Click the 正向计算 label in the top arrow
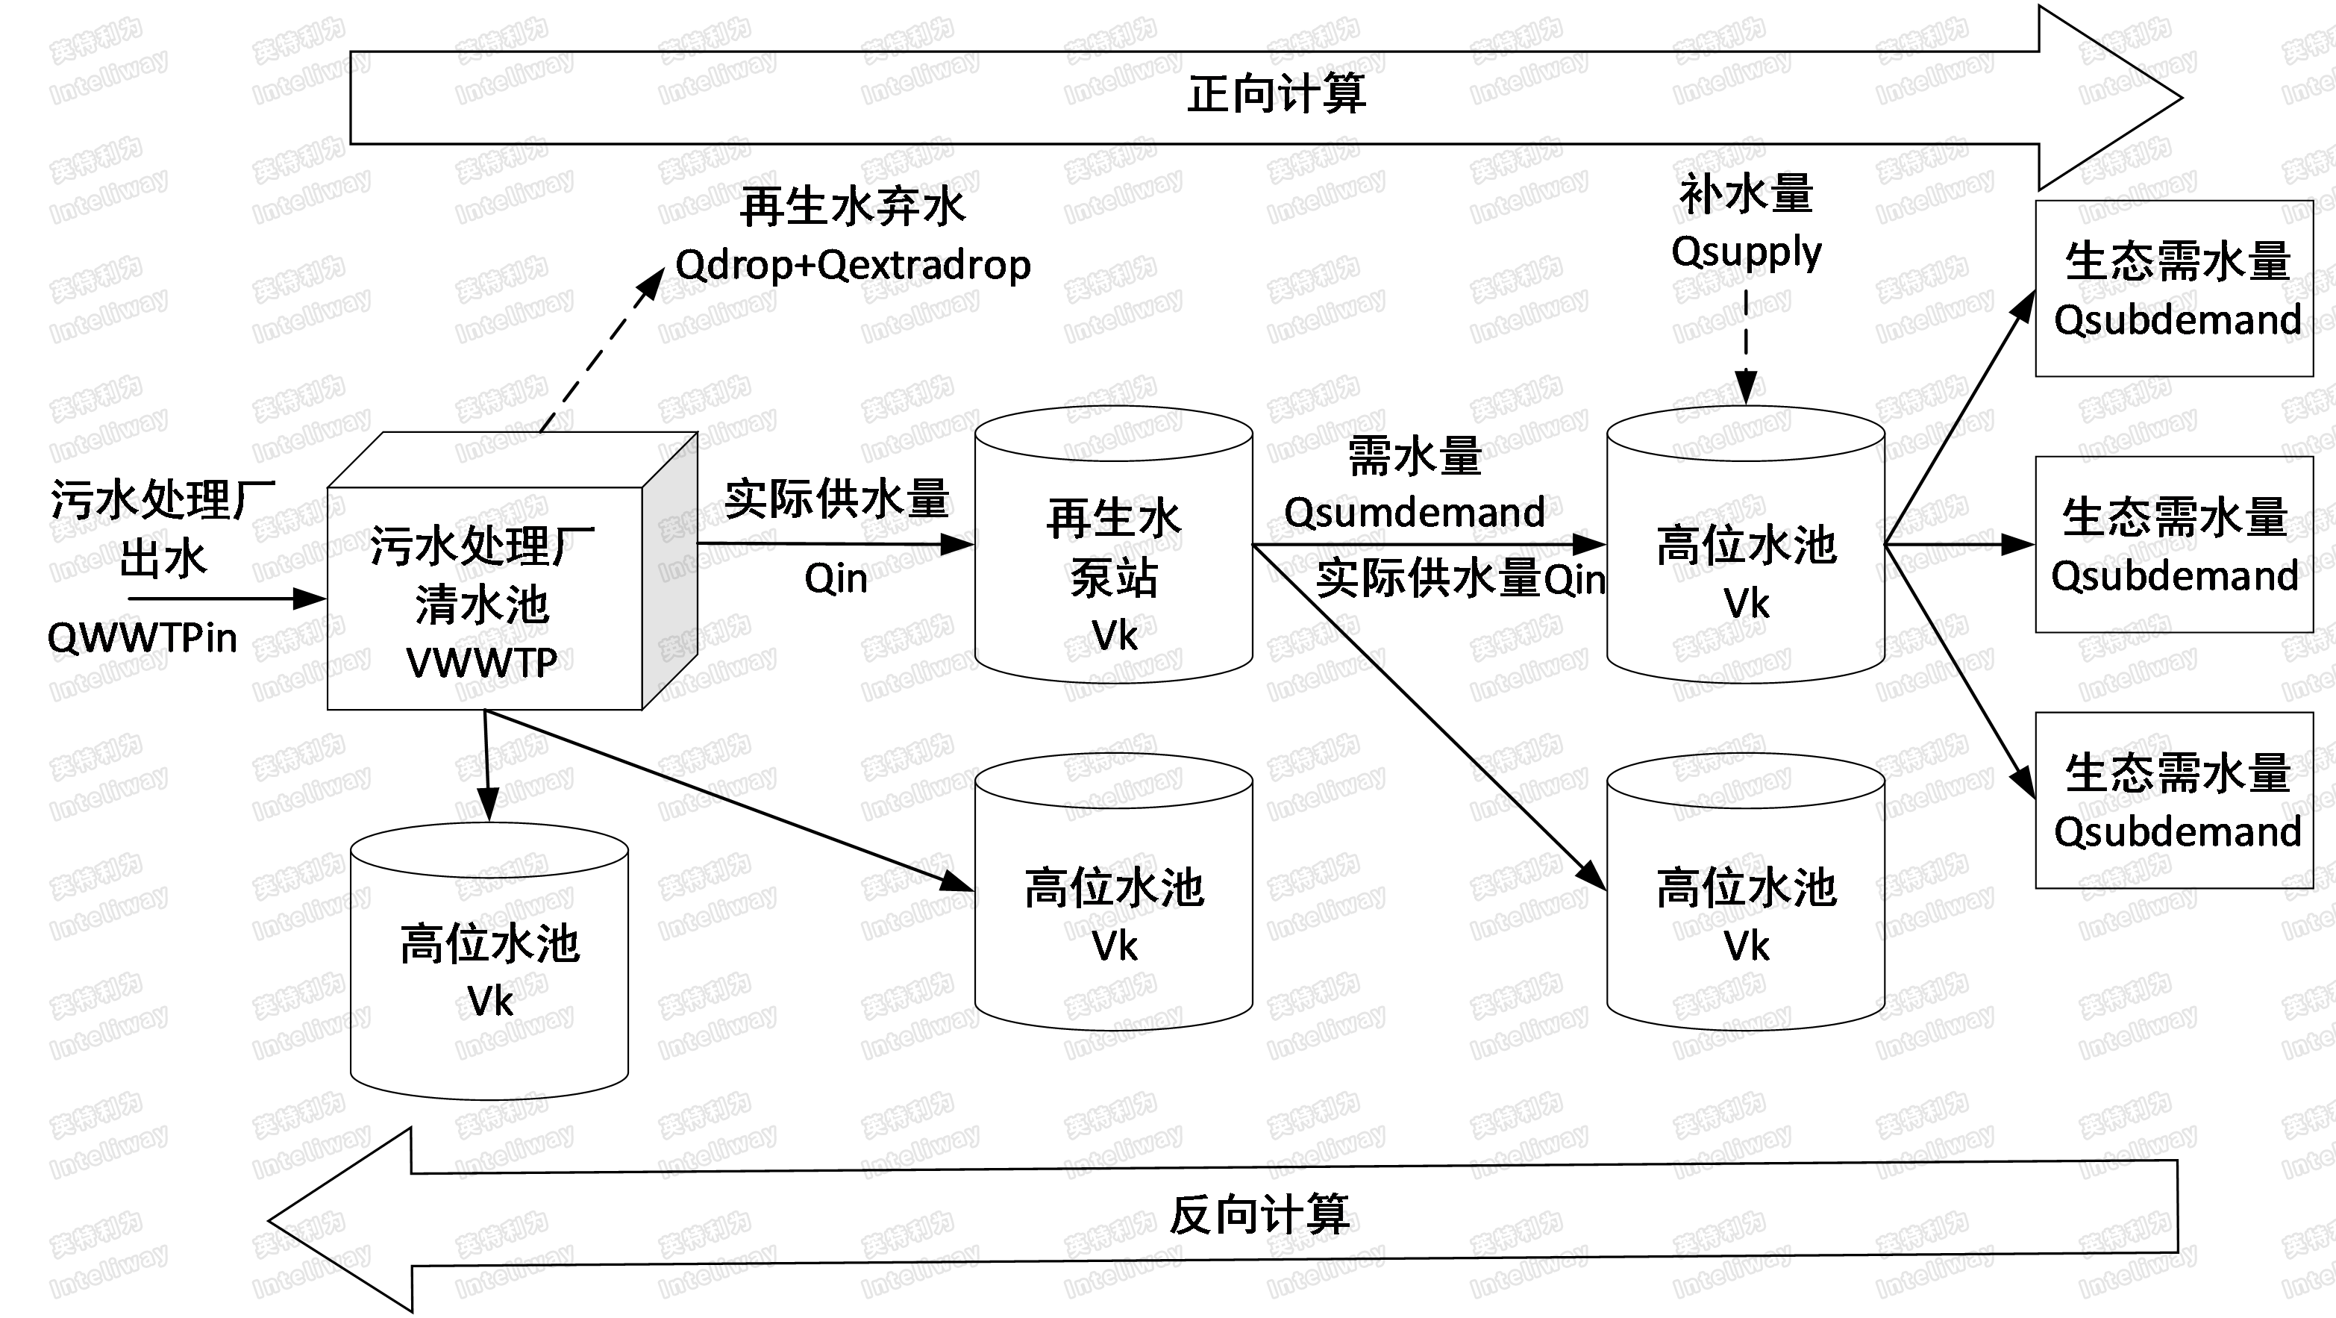pyautogui.click(x=1276, y=94)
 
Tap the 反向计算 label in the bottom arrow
pyautogui.click(x=1259, y=1216)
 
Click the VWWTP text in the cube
pyautogui.click(x=481, y=663)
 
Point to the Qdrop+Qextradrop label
pyautogui.click(x=853, y=265)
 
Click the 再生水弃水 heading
pyautogui.click(x=853, y=207)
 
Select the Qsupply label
pyautogui.click(x=1746, y=252)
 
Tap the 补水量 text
pyautogui.click(x=1746, y=195)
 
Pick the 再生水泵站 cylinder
pyautogui.click(x=1114, y=544)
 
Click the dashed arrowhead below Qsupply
pyautogui.click(x=1746, y=388)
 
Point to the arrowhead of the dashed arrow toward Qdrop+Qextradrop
pyautogui.click(x=651, y=282)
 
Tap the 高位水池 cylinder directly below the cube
pyautogui.click(x=489, y=961)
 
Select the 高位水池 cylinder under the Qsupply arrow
pyautogui.click(x=1746, y=544)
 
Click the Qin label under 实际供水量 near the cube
pyautogui.click(x=835, y=578)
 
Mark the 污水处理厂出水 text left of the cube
pyautogui.click(x=163, y=529)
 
